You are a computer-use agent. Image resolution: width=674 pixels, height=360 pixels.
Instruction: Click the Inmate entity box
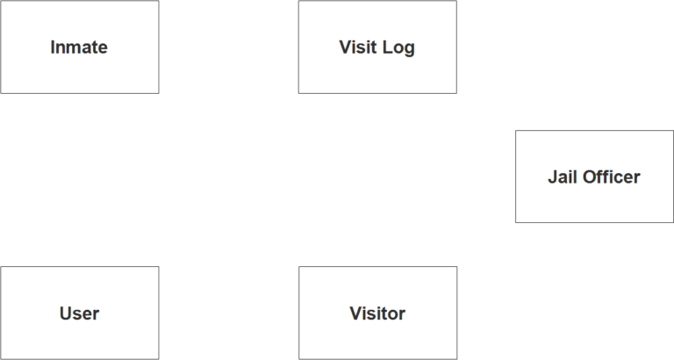(80, 47)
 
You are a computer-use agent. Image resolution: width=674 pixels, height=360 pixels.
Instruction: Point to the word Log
(398, 47)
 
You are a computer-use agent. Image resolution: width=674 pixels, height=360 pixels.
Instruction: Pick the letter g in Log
(410, 49)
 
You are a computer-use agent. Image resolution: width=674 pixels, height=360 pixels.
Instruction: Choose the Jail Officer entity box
(594, 176)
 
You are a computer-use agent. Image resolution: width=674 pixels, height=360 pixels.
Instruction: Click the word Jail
(563, 176)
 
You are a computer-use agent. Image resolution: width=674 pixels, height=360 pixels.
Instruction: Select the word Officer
(611, 176)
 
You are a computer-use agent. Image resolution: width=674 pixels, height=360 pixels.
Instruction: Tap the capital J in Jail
(552, 176)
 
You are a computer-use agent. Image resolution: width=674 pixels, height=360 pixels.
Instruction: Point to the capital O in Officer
(590, 176)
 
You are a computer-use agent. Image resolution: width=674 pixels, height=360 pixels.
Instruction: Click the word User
(80, 313)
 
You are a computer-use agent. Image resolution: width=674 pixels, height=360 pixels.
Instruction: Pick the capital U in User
(65, 313)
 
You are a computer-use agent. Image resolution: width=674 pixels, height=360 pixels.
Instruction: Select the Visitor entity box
(378, 313)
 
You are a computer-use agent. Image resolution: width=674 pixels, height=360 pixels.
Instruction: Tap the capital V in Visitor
(356, 313)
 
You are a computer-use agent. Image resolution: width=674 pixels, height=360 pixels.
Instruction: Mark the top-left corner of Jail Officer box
(515, 130)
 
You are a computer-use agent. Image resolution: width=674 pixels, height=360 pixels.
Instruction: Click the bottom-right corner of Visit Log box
(457, 93)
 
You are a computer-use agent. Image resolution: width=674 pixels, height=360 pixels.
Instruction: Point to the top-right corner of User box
(159, 266)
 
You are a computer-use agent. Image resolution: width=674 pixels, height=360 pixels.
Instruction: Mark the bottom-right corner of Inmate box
(159, 93)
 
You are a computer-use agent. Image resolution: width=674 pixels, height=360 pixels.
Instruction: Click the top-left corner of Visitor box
(298, 266)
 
